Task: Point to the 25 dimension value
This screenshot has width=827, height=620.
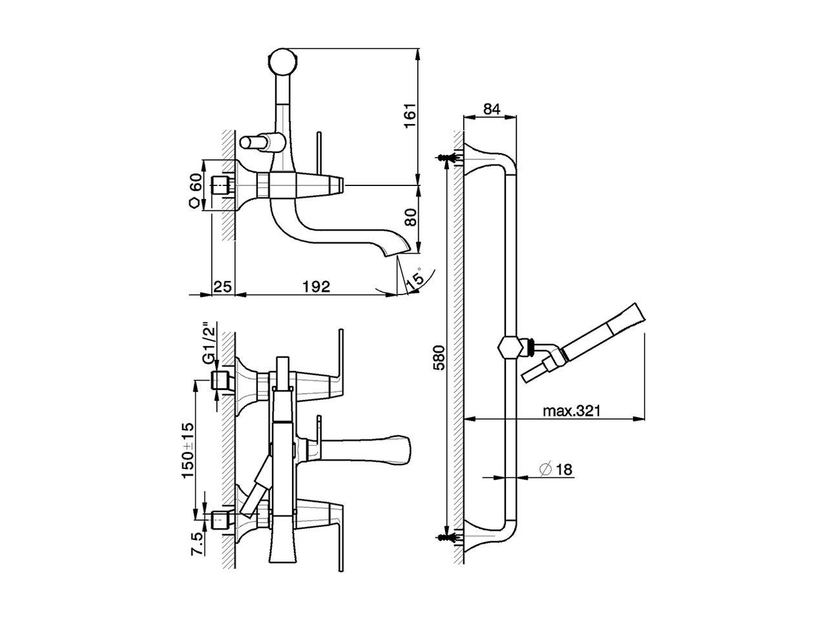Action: pyautogui.click(x=223, y=286)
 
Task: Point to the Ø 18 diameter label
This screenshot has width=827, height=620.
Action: pyautogui.click(x=555, y=469)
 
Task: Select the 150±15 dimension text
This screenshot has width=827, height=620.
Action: pyautogui.click(x=187, y=449)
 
